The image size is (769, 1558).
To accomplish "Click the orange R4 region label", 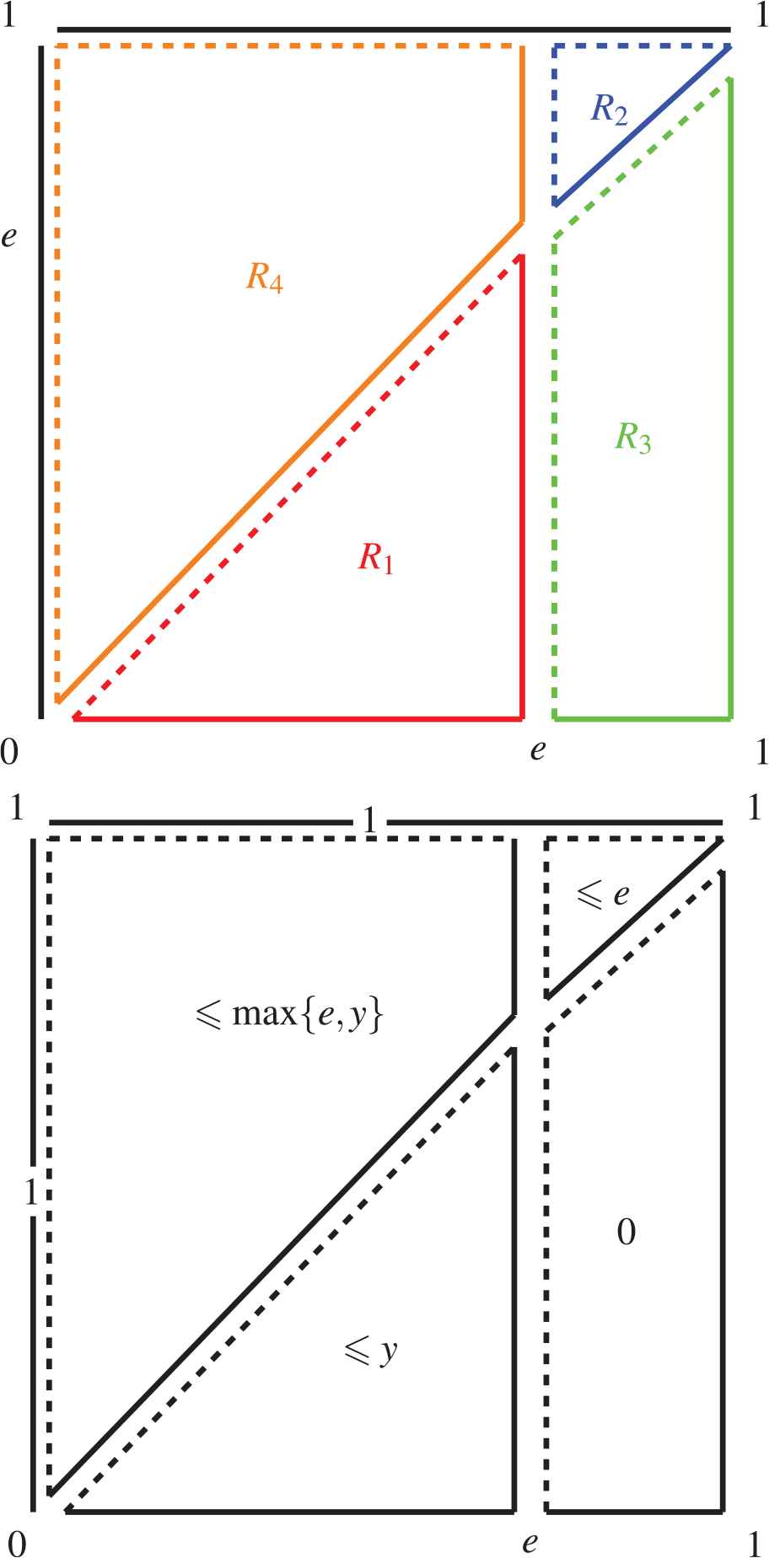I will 264,277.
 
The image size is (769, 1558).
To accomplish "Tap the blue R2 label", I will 609,109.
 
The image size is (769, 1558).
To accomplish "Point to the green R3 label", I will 632,437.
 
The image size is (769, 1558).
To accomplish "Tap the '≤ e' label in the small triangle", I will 602,895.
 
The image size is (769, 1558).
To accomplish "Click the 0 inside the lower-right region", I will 626,1233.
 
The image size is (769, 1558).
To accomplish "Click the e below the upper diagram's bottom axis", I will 537,749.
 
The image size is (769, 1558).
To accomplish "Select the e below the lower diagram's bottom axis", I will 530,1543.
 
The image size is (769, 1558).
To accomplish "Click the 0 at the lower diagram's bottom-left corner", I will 17,1544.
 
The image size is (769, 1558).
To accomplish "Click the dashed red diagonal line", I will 295,488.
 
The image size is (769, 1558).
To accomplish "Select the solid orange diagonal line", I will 287,464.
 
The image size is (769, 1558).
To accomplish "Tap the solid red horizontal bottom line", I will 295,719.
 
